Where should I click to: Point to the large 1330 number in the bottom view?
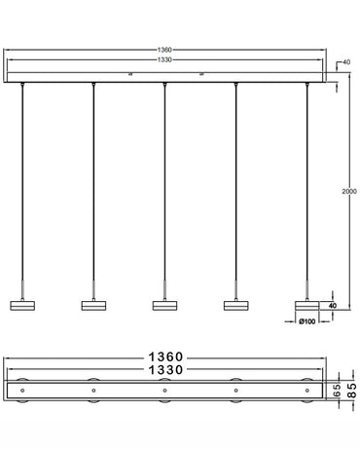pyautogui.click(x=165, y=370)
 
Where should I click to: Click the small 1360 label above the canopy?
pyautogui.click(x=165, y=50)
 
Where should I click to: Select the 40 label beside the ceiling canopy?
pyautogui.click(x=346, y=63)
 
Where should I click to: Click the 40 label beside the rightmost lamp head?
pyautogui.click(x=332, y=305)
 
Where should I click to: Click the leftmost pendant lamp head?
pyautogui.click(x=22, y=305)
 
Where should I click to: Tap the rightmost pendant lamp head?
pyautogui.click(x=307, y=305)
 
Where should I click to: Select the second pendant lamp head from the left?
pyautogui.click(x=93, y=305)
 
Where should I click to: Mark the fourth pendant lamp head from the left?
pyautogui.click(x=236, y=305)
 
